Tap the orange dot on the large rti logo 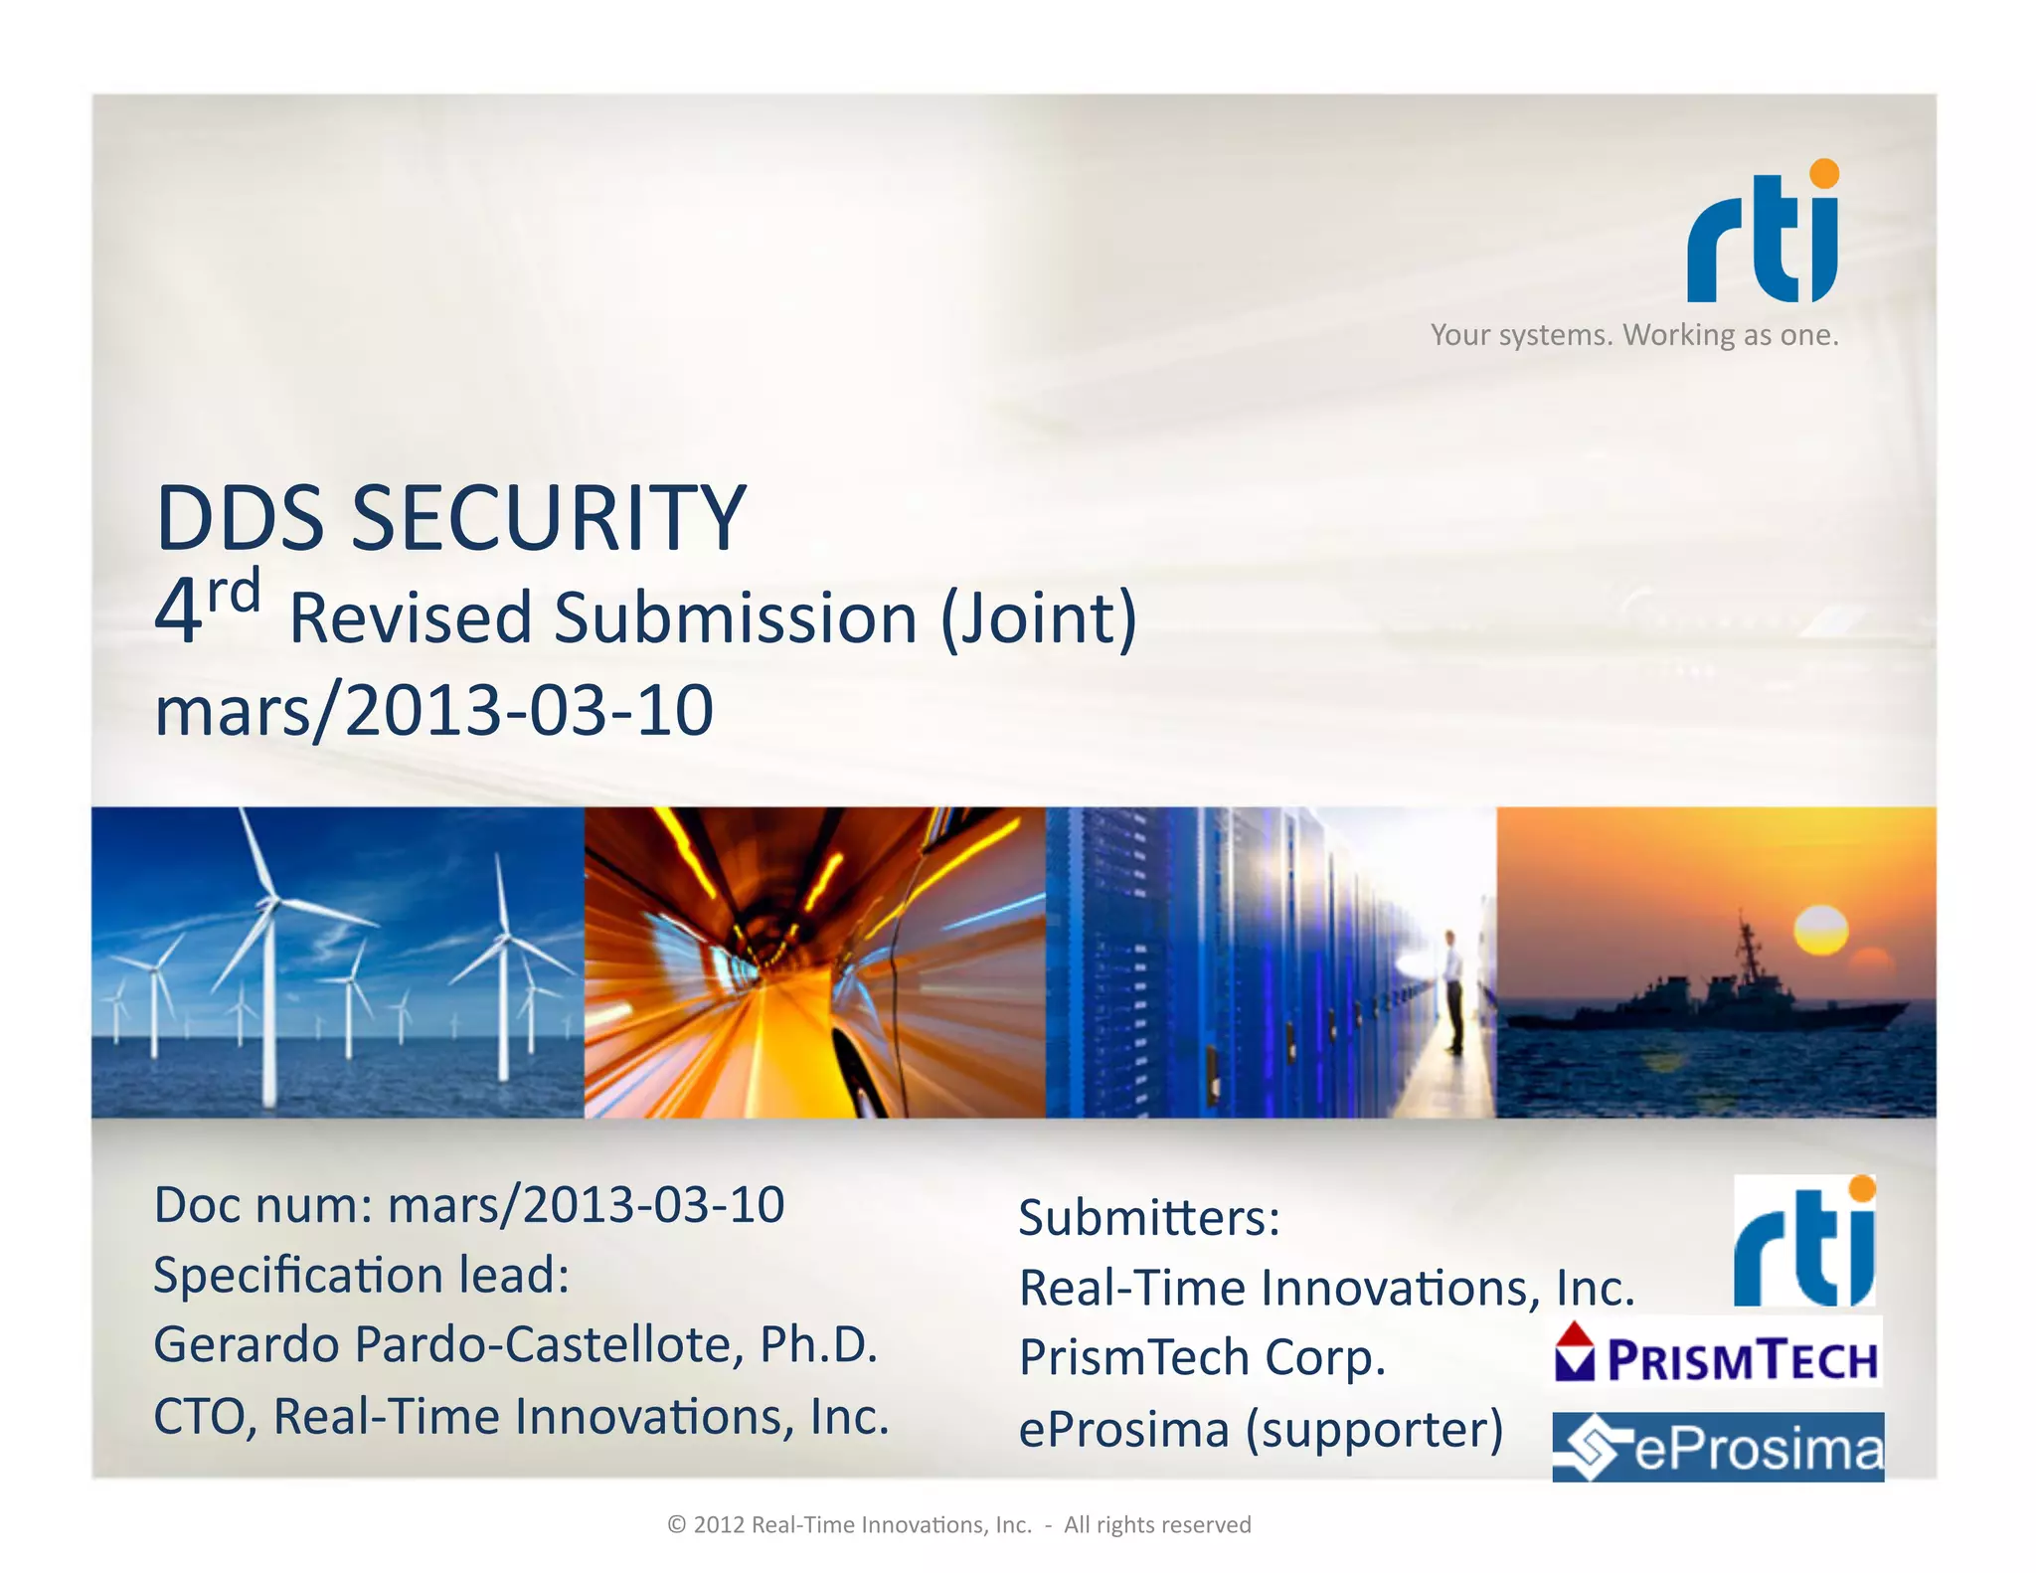click(1824, 173)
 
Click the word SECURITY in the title click(548, 518)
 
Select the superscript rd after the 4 click(235, 594)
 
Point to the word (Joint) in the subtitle click(1038, 618)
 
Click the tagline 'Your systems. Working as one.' click(1634, 335)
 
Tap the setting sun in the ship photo click(1820, 931)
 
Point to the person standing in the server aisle click(1452, 990)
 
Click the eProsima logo click(1718, 1448)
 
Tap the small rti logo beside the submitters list click(1804, 1243)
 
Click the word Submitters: click(1149, 1218)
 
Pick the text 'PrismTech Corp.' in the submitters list click(1202, 1358)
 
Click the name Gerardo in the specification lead click(247, 1345)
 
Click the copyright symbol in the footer click(678, 1525)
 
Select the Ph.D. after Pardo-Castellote click(818, 1345)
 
